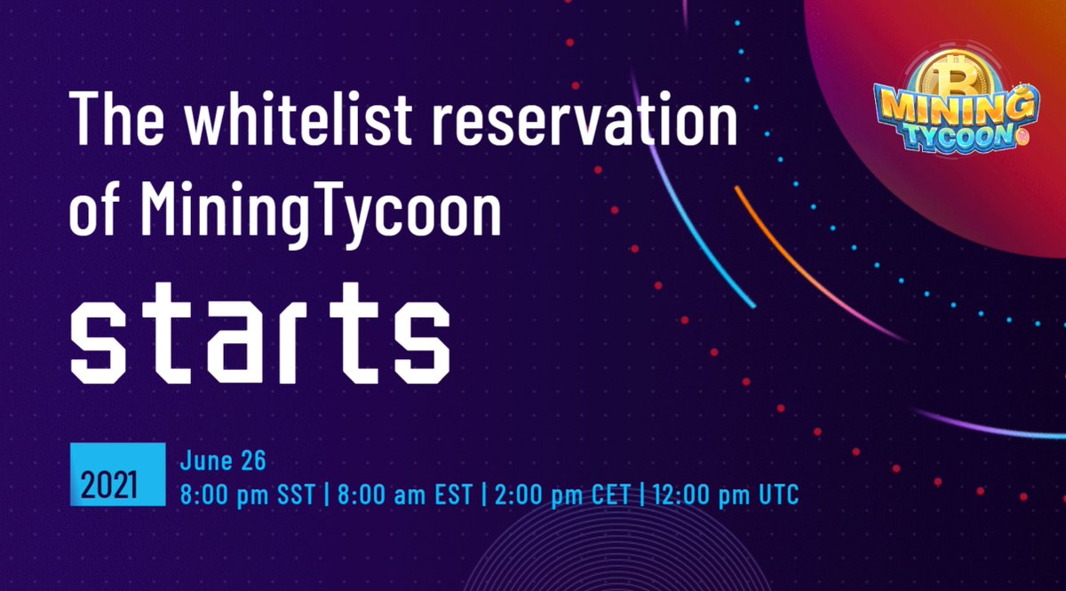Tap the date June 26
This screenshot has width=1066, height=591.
point(223,461)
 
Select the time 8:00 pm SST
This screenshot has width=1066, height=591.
point(247,494)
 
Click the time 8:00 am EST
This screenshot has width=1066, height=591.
point(401,494)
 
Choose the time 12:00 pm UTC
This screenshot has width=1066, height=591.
point(725,494)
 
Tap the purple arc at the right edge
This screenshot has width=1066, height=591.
point(995,428)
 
